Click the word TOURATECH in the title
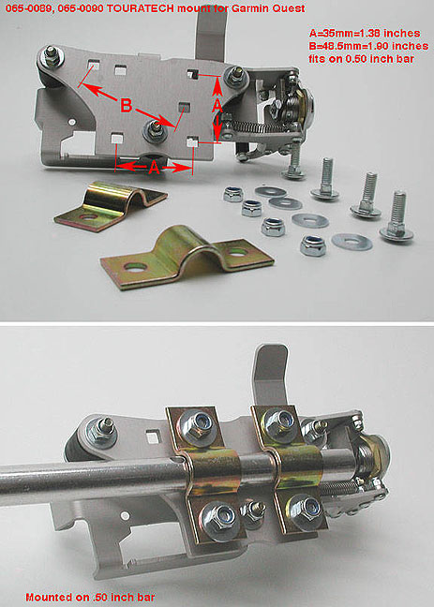(140, 8)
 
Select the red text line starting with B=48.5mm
(368, 46)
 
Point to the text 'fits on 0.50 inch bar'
(362, 59)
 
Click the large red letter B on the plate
(127, 105)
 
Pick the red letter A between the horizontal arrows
(154, 168)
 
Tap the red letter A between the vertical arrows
(217, 105)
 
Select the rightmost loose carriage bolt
(396, 216)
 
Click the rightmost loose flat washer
(352, 242)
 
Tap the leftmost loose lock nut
(232, 194)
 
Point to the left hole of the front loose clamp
(135, 267)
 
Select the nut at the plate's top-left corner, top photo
(52, 57)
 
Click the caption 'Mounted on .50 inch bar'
(90, 597)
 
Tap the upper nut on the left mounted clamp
(196, 427)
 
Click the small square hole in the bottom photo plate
(153, 437)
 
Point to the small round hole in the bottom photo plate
(125, 515)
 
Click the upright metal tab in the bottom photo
(270, 374)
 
